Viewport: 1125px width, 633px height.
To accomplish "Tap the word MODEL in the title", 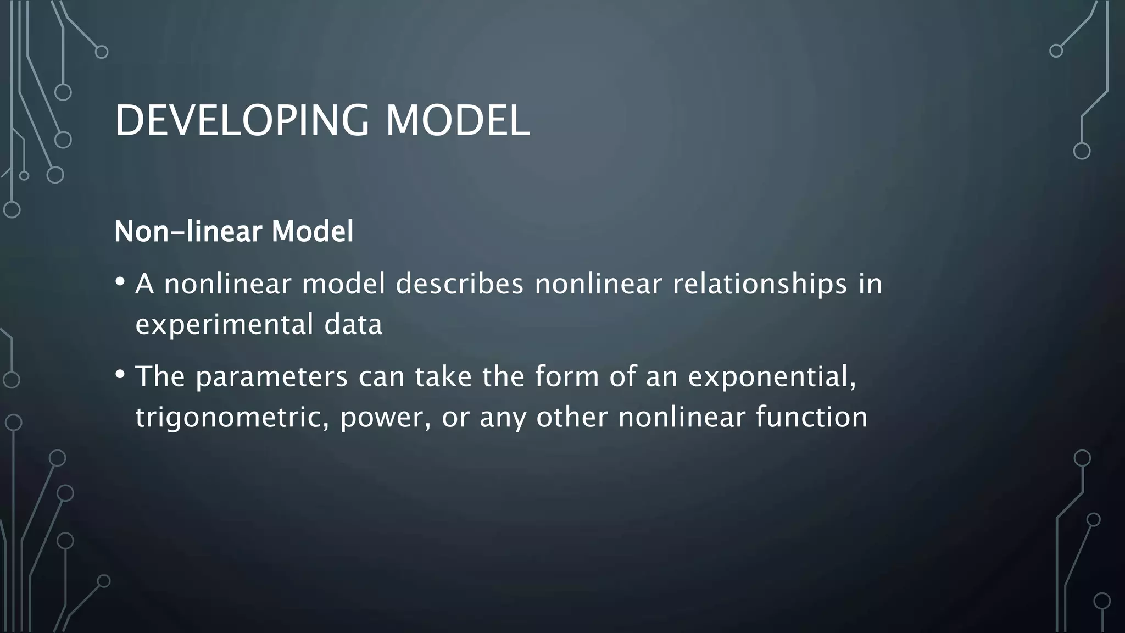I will coord(458,120).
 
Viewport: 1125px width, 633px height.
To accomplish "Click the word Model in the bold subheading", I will coord(312,231).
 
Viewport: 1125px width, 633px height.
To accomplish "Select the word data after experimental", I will coord(353,324).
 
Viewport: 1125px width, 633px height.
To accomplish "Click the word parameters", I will coord(271,377).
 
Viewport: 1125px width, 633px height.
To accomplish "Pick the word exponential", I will coord(772,377).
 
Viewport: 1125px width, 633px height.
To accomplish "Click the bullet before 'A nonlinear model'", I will coord(120,282).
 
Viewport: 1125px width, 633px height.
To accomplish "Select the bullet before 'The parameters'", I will coord(120,375).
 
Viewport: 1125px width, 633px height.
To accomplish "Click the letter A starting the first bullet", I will coord(144,284).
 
